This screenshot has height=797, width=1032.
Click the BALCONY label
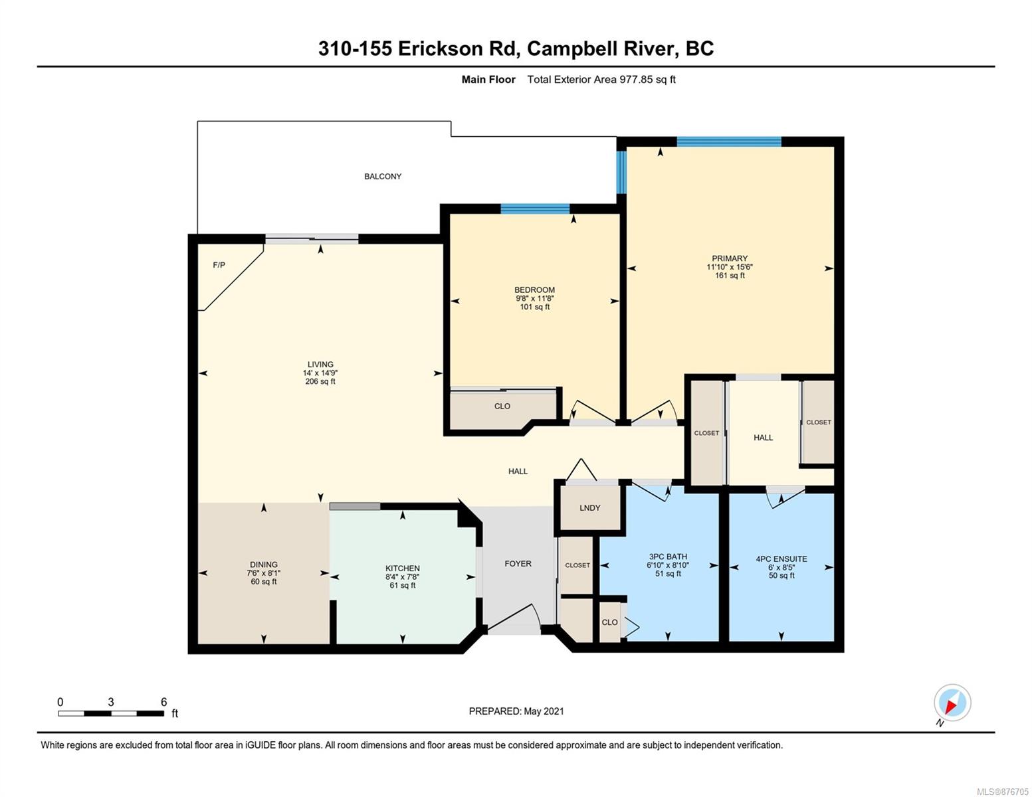coord(382,176)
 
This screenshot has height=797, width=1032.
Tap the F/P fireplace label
coord(219,265)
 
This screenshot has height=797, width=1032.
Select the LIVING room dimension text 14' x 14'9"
coord(320,373)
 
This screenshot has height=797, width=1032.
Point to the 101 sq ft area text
coord(534,307)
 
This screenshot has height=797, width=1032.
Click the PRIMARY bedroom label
coord(730,258)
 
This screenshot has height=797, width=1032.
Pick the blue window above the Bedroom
coord(535,209)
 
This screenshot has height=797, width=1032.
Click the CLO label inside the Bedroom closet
coord(502,406)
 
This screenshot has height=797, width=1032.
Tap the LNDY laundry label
coord(590,507)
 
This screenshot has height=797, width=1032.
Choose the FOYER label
coord(518,563)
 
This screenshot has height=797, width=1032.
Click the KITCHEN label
coord(402,569)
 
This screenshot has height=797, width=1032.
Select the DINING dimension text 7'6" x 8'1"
coord(264,573)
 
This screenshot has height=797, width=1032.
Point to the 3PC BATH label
coord(668,557)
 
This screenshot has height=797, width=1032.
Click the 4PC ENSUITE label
coord(781,559)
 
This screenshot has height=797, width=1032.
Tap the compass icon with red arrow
coord(952,703)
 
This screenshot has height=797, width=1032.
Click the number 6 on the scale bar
coord(164,701)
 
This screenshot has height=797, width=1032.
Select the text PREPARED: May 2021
coord(516,711)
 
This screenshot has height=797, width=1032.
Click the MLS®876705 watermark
coord(1002,791)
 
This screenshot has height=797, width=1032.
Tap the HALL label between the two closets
coord(763,437)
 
